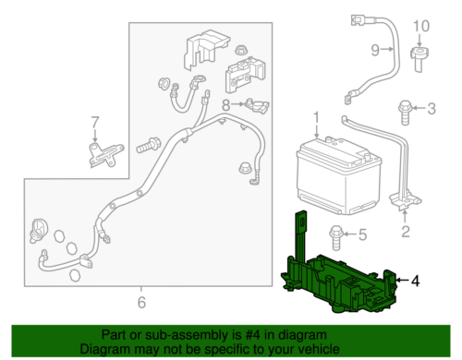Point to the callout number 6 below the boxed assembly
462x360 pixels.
click(140, 301)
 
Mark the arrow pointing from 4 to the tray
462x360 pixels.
click(399, 280)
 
